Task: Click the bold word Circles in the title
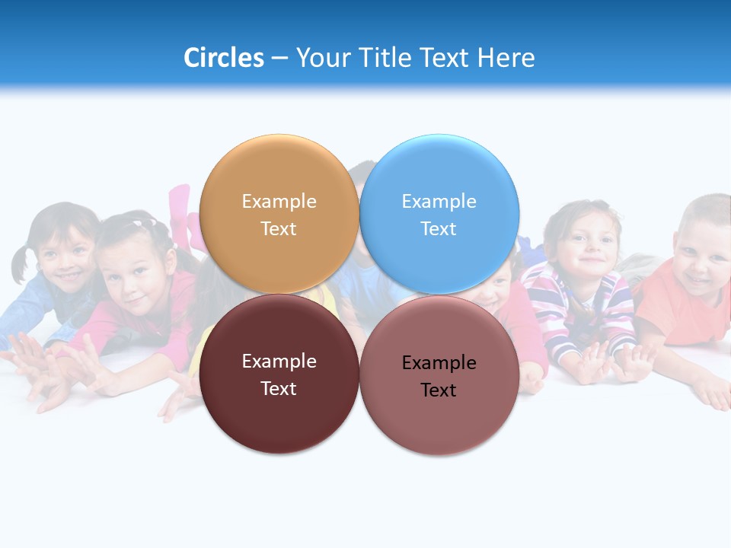[x=223, y=58]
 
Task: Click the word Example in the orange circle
[x=279, y=202]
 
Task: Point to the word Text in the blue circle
[x=439, y=229]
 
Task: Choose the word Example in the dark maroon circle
[x=279, y=362]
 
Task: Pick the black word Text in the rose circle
[x=439, y=390]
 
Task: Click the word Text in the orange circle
[x=279, y=229]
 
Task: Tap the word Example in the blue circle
[x=439, y=202]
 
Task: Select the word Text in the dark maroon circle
[x=279, y=389]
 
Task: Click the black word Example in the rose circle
[x=439, y=363]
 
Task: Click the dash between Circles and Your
[x=279, y=58]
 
